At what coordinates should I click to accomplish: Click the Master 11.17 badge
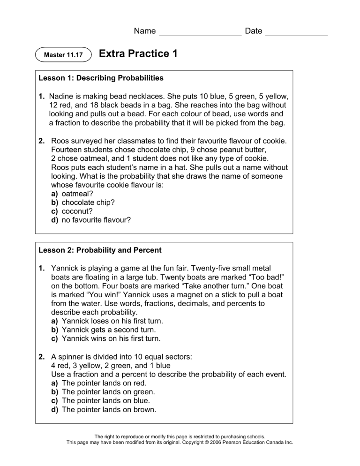tap(63, 55)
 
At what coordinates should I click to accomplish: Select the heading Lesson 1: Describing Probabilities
tap(101, 78)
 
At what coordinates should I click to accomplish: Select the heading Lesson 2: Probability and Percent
tap(100, 250)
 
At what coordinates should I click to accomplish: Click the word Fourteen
tap(68, 150)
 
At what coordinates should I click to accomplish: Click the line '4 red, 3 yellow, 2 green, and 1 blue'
tap(110, 365)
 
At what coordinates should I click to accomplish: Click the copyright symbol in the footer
tap(203, 443)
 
